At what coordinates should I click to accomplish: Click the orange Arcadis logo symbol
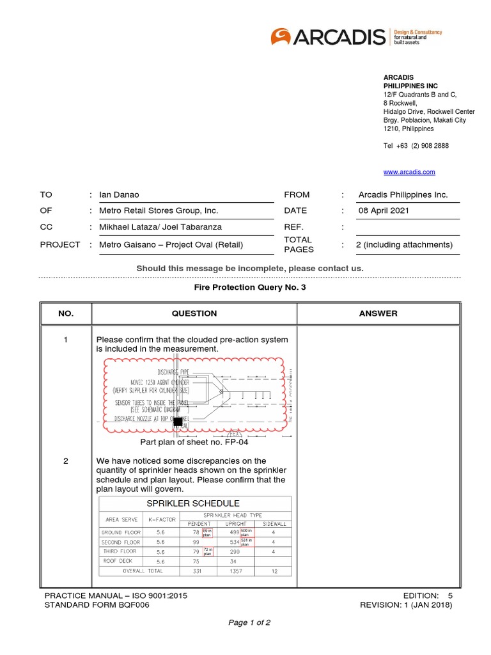[282, 37]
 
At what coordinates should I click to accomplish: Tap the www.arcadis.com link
[409, 172]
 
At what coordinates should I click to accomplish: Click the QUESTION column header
[194, 313]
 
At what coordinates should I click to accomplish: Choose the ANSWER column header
[378, 313]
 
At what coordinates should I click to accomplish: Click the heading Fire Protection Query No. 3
[245, 288]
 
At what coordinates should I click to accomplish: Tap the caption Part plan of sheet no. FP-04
[194, 442]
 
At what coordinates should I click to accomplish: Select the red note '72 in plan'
[208, 550]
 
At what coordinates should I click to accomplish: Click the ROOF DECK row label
[117, 560]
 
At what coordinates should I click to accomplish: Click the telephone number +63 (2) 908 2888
[416, 146]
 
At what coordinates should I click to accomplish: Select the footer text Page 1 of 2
[245, 622]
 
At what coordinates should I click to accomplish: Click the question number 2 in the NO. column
[66, 461]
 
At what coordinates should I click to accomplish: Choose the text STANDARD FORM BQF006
[97, 605]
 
